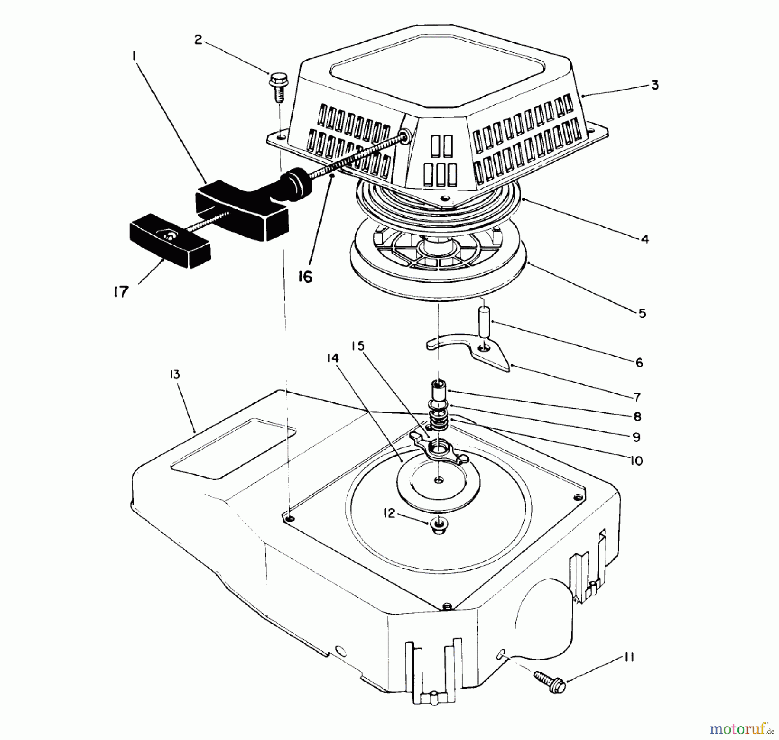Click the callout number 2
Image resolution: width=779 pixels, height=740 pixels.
198,40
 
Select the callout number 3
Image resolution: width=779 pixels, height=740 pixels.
655,85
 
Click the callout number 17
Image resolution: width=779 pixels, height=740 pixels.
121,292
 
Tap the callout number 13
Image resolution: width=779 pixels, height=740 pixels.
174,374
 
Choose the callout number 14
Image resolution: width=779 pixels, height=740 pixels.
333,358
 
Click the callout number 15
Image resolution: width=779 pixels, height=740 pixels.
358,346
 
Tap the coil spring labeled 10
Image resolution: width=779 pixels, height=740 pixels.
438,421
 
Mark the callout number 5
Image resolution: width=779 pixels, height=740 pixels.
642,313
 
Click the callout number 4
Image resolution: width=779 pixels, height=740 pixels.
645,239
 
